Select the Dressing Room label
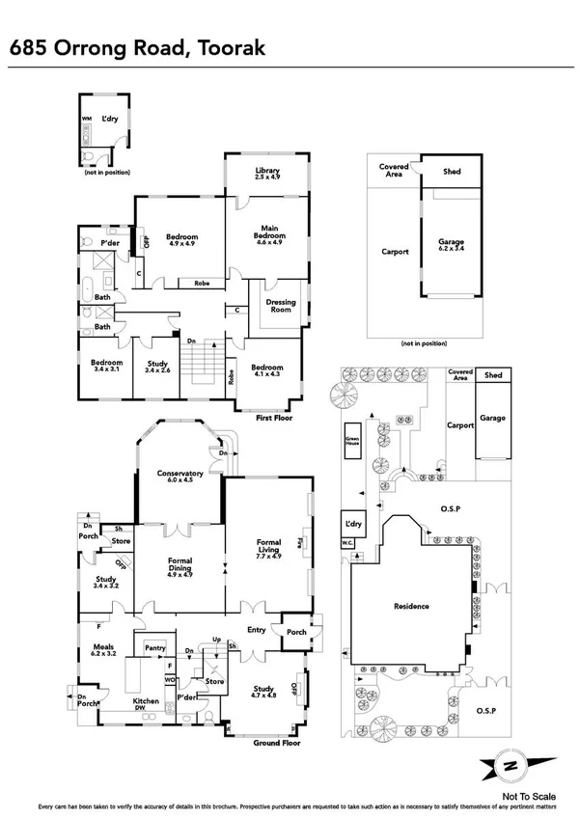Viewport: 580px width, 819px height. (x=280, y=306)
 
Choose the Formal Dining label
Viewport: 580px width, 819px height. (x=180, y=564)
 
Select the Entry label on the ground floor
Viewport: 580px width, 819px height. (x=255, y=629)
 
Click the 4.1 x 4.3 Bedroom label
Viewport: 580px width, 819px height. (x=267, y=371)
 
